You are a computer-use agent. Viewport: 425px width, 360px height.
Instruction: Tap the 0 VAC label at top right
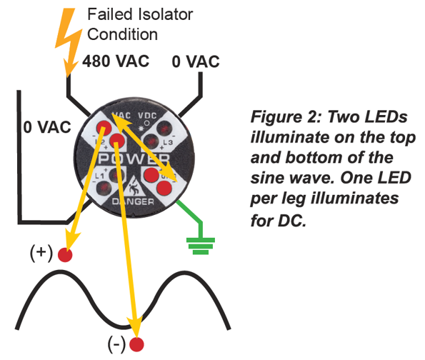[x=196, y=61]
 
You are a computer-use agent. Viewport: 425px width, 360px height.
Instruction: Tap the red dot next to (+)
[x=65, y=255]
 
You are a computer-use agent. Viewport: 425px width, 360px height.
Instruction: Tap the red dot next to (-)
[x=136, y=344]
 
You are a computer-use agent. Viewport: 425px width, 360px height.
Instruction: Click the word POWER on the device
[x=129, y=158]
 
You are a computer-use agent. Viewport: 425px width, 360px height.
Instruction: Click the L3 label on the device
[x=169, y=144]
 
